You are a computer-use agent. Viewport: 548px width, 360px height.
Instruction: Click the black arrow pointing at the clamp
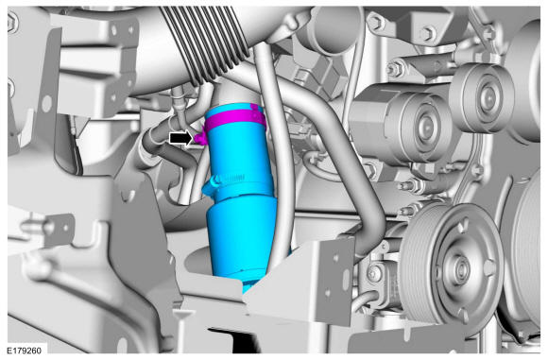tap(180, 138)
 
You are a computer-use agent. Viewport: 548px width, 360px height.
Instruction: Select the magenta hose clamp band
tap(235, 120)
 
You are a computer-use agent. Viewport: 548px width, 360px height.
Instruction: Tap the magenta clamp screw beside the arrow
tap(200, 137)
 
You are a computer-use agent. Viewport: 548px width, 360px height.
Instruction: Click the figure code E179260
tap(25, 351)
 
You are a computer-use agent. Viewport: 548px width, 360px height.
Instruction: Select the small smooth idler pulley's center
tap(485, 98)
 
